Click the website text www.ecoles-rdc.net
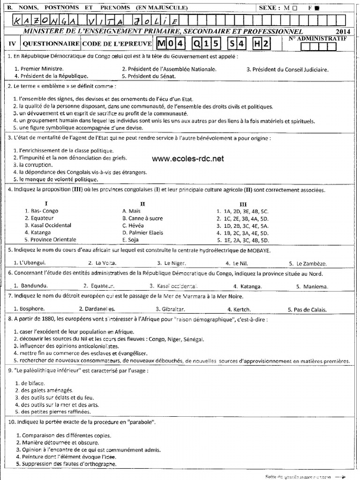click(x=188, y=159)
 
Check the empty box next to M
click(x=294, y=8)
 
